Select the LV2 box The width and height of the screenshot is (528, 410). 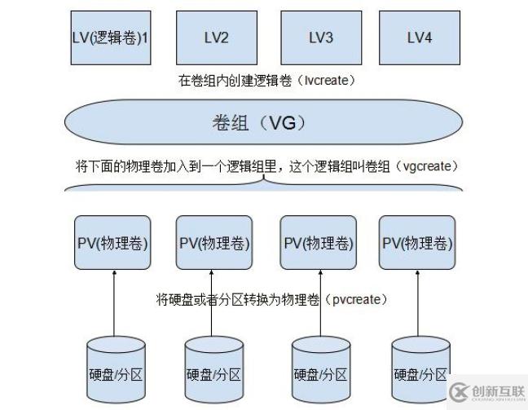[x=215, y=37]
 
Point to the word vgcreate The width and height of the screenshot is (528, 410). [x=427, y=165]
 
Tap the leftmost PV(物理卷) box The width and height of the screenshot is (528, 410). [x=112, y=243]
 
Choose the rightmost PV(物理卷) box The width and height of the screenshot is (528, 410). [x=417, y=243]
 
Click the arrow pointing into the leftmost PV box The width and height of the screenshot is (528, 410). [x=114, y=302]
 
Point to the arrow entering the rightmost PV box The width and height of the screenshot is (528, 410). [x=419, y=302]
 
